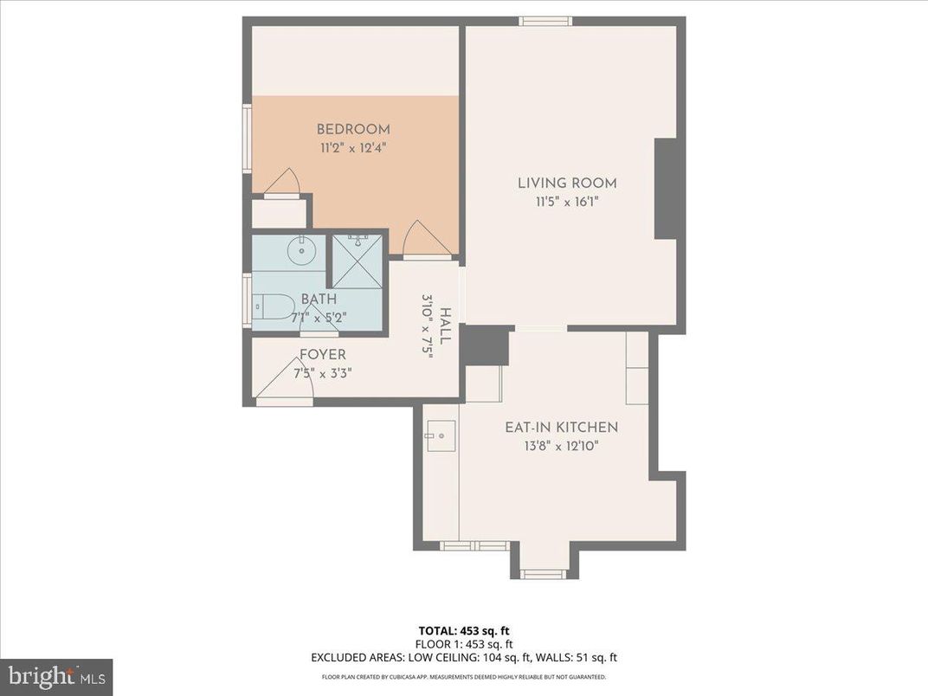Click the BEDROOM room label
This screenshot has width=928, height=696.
click(352, 130)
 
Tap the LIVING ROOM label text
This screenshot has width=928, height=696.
click(567, 183)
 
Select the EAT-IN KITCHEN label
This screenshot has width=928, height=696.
click(562, 427)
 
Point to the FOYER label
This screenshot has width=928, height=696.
click(322, 355)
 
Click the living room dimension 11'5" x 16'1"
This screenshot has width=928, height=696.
click(566, 203)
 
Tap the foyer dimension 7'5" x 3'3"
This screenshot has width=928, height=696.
click(322, 374)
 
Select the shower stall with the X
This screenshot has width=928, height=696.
click(358, 261)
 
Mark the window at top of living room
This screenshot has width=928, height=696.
click(545, 21)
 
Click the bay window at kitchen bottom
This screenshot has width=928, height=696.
click(545, 573)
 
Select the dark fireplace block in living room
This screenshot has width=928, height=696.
click(665, 189)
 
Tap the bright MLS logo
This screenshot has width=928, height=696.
click(56, 676)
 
